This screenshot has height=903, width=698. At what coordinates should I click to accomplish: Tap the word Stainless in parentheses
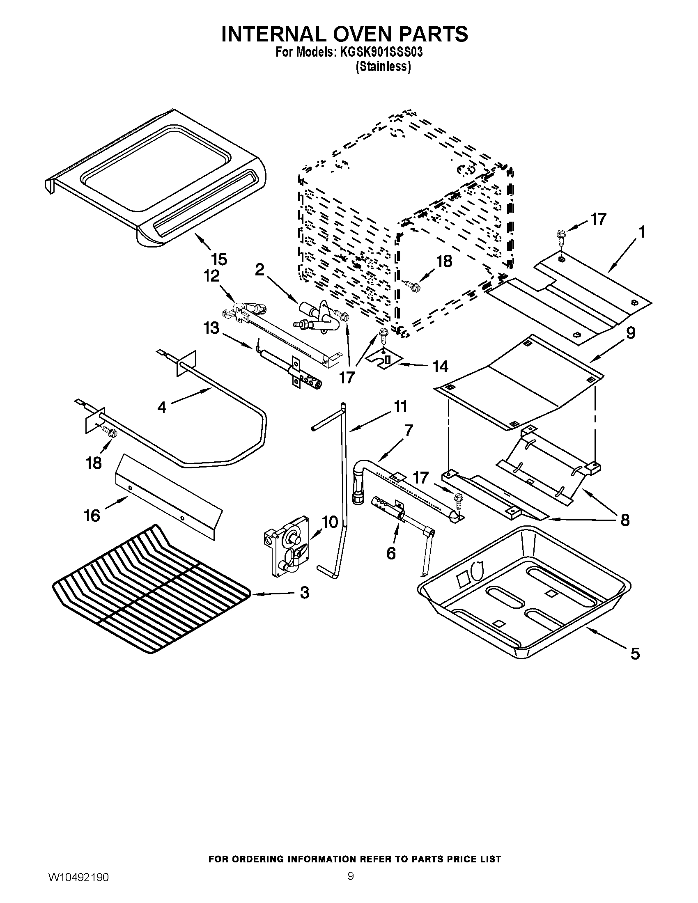(383, 67)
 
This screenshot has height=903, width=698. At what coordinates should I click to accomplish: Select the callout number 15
(219, 259)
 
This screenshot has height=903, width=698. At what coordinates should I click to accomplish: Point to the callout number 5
(635, 654)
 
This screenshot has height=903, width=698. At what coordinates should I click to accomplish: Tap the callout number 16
(92, 516)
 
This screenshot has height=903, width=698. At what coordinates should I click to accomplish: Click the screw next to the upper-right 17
(560, 238)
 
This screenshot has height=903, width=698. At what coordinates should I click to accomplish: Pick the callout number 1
(642, 233)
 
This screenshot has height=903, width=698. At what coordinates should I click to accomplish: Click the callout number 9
(631, 333)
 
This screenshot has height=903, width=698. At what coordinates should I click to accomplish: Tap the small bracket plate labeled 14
(385, 359)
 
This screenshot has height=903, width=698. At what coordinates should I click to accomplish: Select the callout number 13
(211, 329)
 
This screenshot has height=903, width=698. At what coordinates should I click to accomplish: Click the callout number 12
(211, 276)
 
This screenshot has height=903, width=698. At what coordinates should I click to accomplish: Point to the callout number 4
(162, 407)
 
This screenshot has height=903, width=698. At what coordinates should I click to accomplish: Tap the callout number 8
(625, 520)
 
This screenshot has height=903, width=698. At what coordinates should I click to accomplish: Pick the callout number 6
(391, 553)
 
